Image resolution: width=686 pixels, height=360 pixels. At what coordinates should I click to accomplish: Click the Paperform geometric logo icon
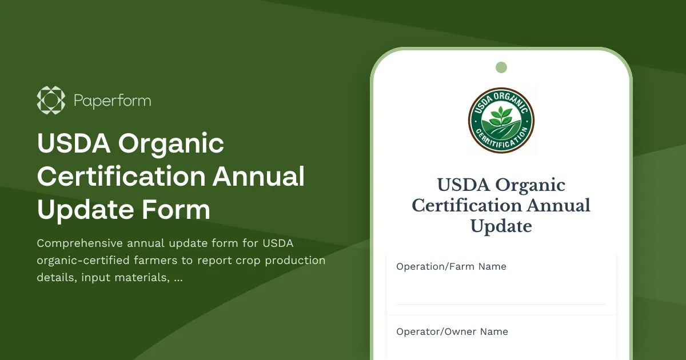coord(51,101)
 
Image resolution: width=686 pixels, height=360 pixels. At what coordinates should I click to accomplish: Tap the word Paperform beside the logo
coord(112,101)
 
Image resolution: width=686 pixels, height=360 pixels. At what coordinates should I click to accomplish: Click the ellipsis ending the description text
coord(178,279)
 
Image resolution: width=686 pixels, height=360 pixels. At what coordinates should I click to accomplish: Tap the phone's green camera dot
coord(501,67)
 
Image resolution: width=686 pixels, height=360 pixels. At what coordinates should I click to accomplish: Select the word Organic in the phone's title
coord(530,185)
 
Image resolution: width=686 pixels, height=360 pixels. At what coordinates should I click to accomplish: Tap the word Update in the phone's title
coord(501,226)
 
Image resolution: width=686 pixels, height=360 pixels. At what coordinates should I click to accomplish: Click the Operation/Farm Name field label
coord(451,266)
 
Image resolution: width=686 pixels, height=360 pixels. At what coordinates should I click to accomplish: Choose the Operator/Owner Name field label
coord(452,331)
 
